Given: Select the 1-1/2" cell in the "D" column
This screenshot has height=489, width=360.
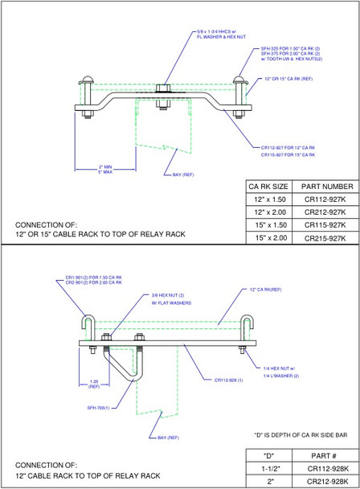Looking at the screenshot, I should (269, 466).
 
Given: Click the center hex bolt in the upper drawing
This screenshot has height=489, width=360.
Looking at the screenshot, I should (161, 90).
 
